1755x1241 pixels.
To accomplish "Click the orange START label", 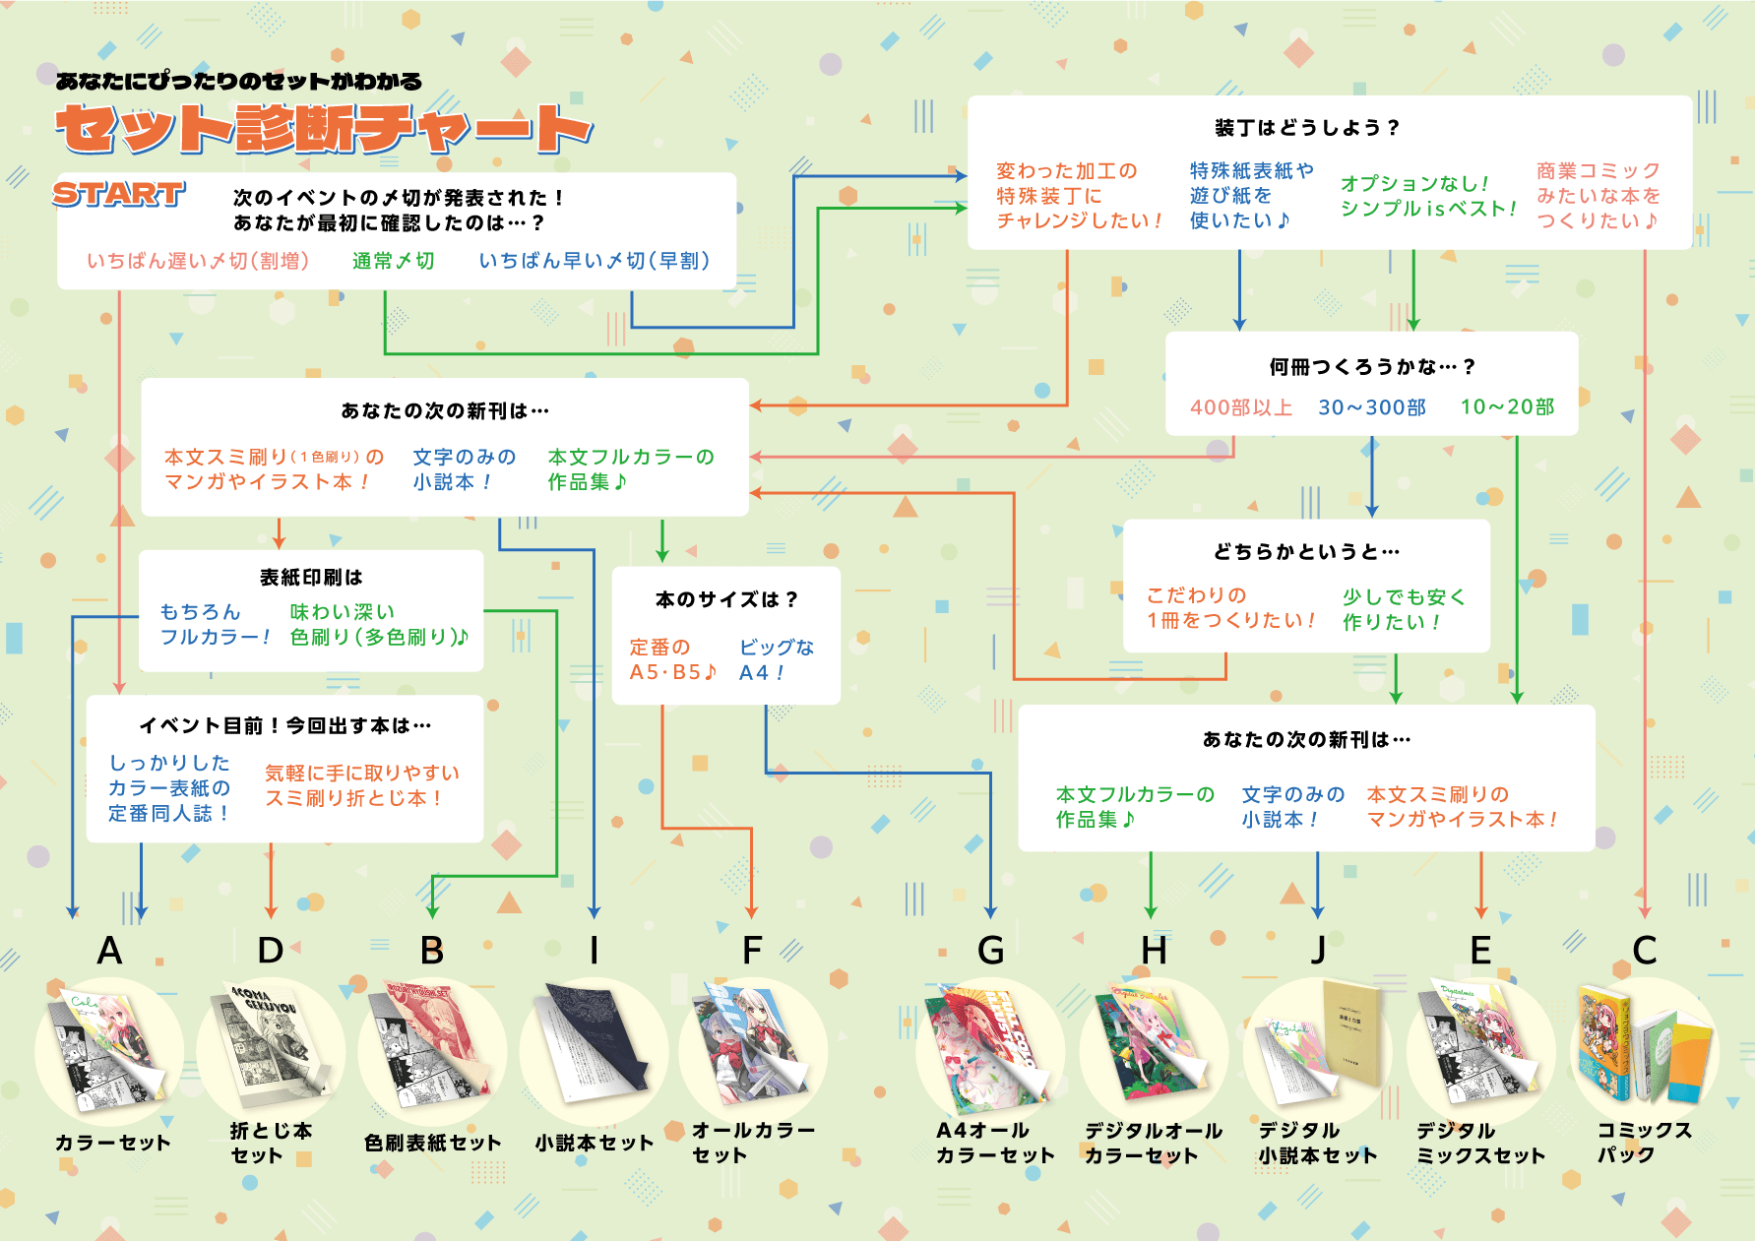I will pos(118,194).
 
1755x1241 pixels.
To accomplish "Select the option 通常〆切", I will pos(393,261).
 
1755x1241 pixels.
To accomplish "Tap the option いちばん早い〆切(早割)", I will pos(594,261).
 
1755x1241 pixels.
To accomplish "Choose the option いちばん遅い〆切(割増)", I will pos(198,261).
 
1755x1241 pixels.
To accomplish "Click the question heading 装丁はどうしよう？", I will pos(1307,128).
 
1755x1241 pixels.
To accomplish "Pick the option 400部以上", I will pos(1240,407).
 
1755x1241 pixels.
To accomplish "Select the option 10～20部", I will pos(1507,407).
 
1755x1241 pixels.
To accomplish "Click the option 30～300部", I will pos(1372,407).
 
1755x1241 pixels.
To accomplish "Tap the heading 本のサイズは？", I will pos(726,599).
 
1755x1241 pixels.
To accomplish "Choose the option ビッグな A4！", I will pos(776,659).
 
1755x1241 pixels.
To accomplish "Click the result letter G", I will pos(990,951).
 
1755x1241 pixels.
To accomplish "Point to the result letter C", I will pos(1644,951).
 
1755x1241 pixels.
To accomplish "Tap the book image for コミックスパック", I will pos(1644,1048).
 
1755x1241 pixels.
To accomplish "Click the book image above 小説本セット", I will pos(594,1048).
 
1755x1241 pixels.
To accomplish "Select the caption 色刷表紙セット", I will pos(432,1143).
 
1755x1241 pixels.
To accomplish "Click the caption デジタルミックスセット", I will pos(1480,1143).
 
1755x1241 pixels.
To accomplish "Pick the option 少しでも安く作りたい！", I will pos(1404,609).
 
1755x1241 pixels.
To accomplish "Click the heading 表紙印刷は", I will pos(311,578).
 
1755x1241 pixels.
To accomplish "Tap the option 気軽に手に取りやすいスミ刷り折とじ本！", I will pos(361,785).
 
